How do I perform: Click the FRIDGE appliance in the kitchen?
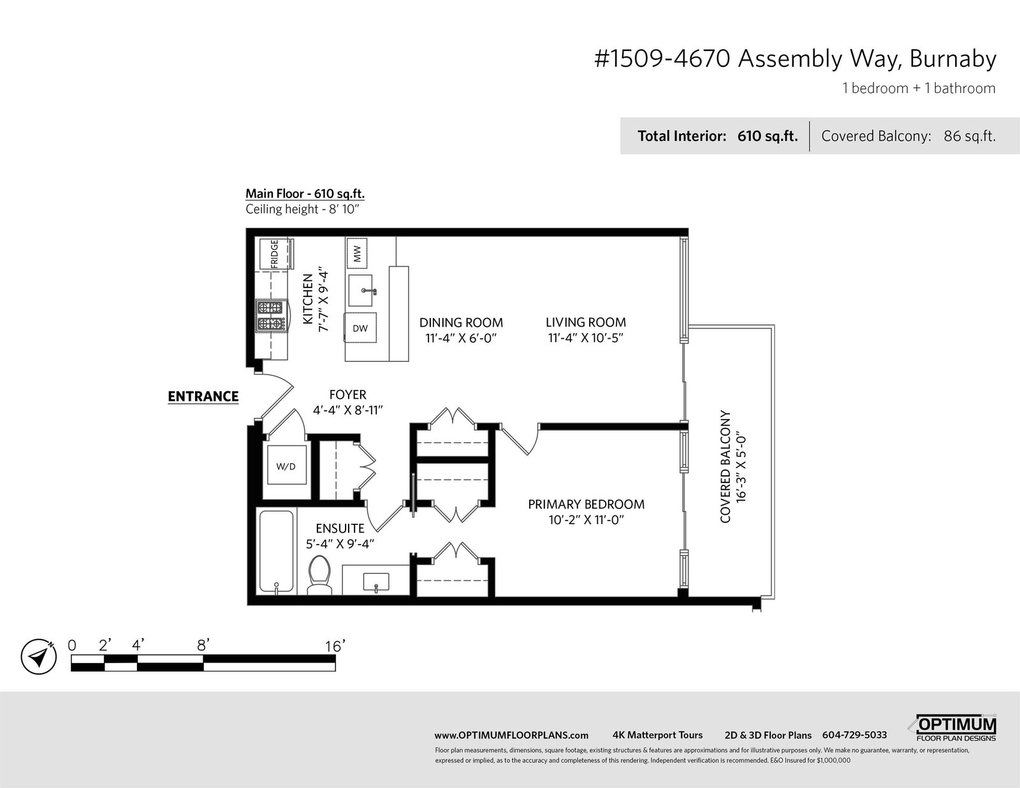pyautogui.click(x=274, y=254)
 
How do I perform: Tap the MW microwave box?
pyautogui.click(x=357, y=254)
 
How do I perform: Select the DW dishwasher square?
pyautogui.click(x=360, y=328)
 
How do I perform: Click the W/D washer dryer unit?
pyautogui.click(x=286, y=466)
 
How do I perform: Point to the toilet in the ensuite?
pyautogui.click(x=319, y=575)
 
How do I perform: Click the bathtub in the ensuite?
pyautogui.click(x=277, y=552)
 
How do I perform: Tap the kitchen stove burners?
pyautogui.click(x=270, y=316)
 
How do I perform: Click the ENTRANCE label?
pyautogui.click(x=203, y=397)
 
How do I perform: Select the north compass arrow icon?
pyautogui.click(x=39, y=657)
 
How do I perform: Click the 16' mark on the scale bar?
pyautogui.click(x=335, y=647)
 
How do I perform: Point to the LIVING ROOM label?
pyautogui.click(x=586, y=322)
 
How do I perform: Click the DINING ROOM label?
pyautogui.click(x=461, y=323)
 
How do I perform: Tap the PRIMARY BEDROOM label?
pyautogui.click(x=586, y=505)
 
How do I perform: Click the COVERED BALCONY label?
pyautogui.click(x=725, y=467)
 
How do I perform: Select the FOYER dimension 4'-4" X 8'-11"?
pyautogui.click(x=348, y=410)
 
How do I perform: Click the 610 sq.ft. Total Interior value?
pyautogui.click(x=768, y=136)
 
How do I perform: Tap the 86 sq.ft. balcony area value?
pyautogui.click(x=970, y=136)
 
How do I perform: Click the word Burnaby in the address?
pyautogui.click(x=953, y=60)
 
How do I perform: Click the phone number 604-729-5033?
pyautogui.click(x=855, y=735)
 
